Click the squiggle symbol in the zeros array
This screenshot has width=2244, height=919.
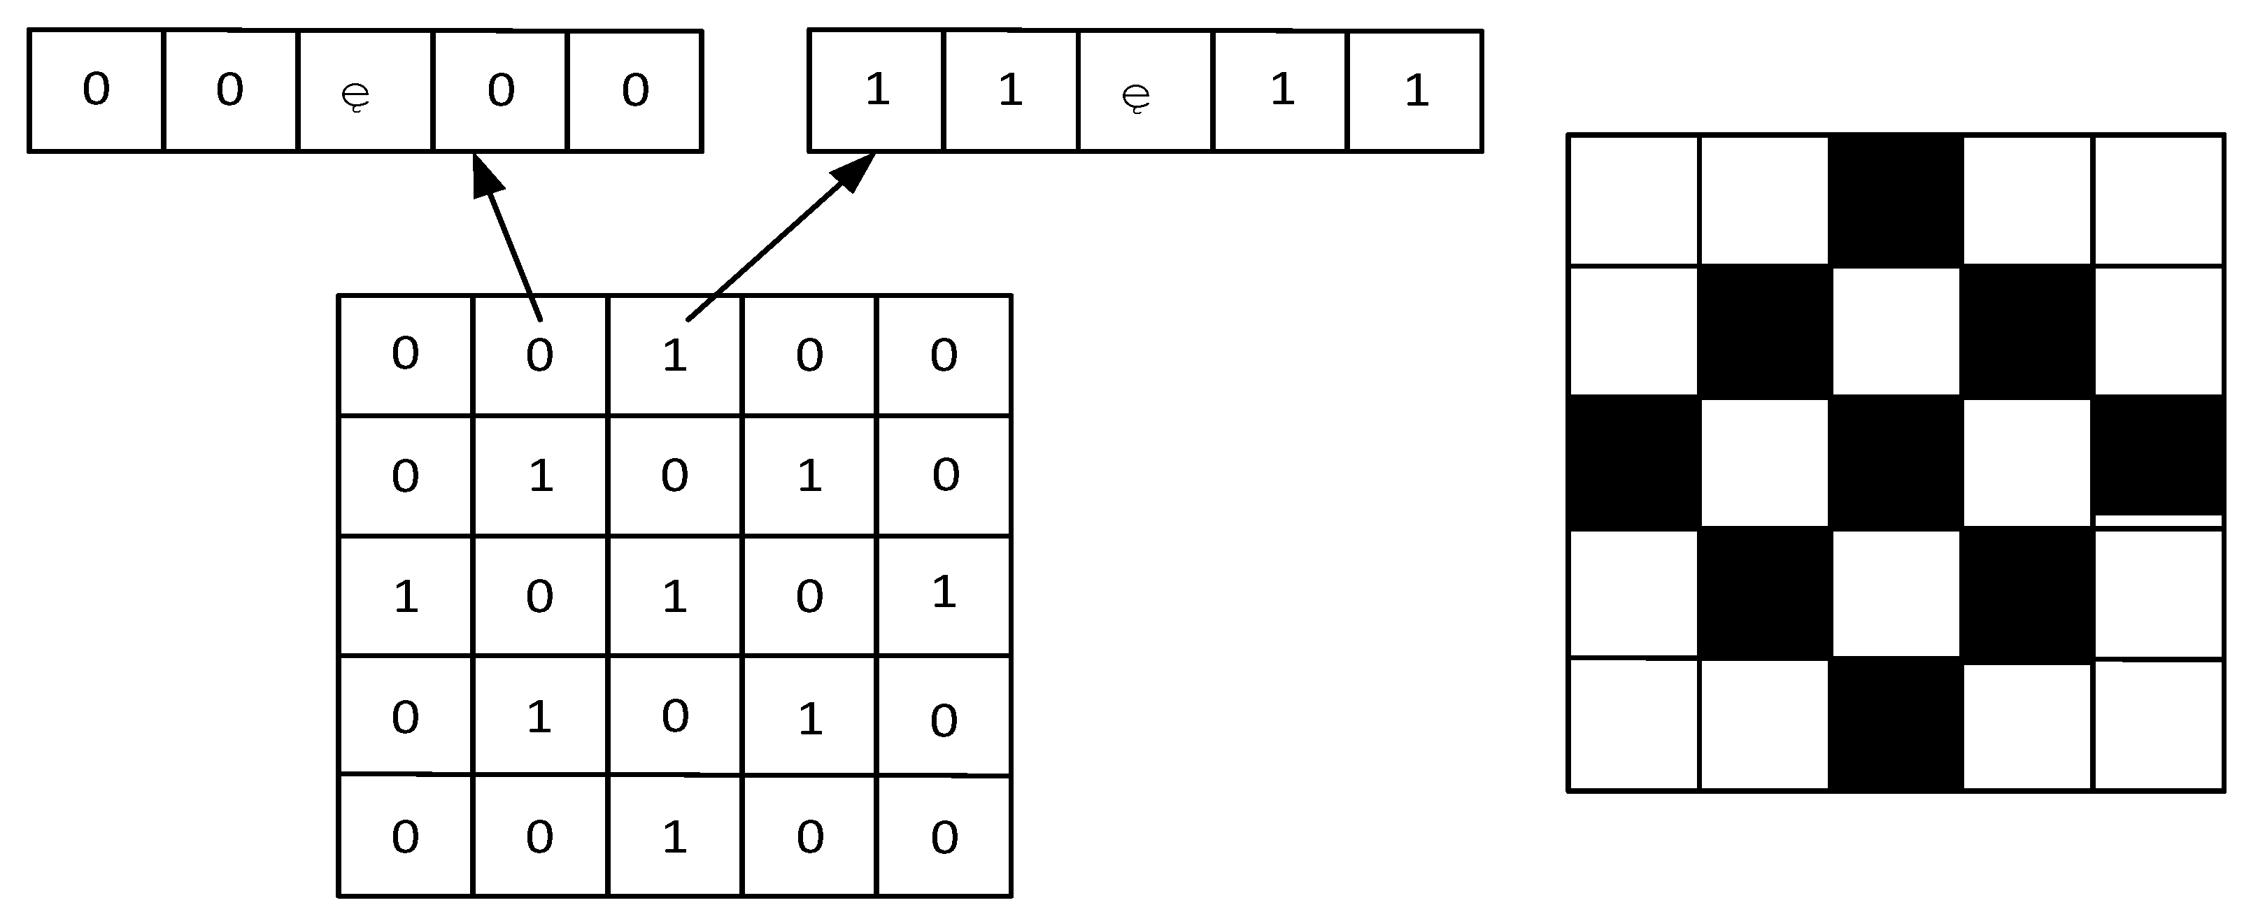tap(355, 95)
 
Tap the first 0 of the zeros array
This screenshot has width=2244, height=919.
tap(96, 90)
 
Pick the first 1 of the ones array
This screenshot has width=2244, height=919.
tap(876, 90)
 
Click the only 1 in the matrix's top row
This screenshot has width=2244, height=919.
tap(674, 355)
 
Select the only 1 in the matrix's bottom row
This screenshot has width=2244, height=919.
tap(674, 837)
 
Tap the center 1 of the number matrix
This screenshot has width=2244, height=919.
tap(674, 597)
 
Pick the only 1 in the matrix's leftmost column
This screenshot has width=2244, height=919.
tap(405, 597)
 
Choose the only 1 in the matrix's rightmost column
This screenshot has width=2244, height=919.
tap(944, 592)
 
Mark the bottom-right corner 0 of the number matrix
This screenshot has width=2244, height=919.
tap(944, 837)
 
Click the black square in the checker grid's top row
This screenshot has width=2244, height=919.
tap(1896, 200)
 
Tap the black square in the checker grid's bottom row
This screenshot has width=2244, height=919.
tap(1896, 725)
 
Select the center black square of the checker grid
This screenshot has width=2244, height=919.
tap(1896, 462)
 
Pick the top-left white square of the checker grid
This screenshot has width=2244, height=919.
tap(1633, 200)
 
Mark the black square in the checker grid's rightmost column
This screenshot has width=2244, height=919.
tap(2158, 455)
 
